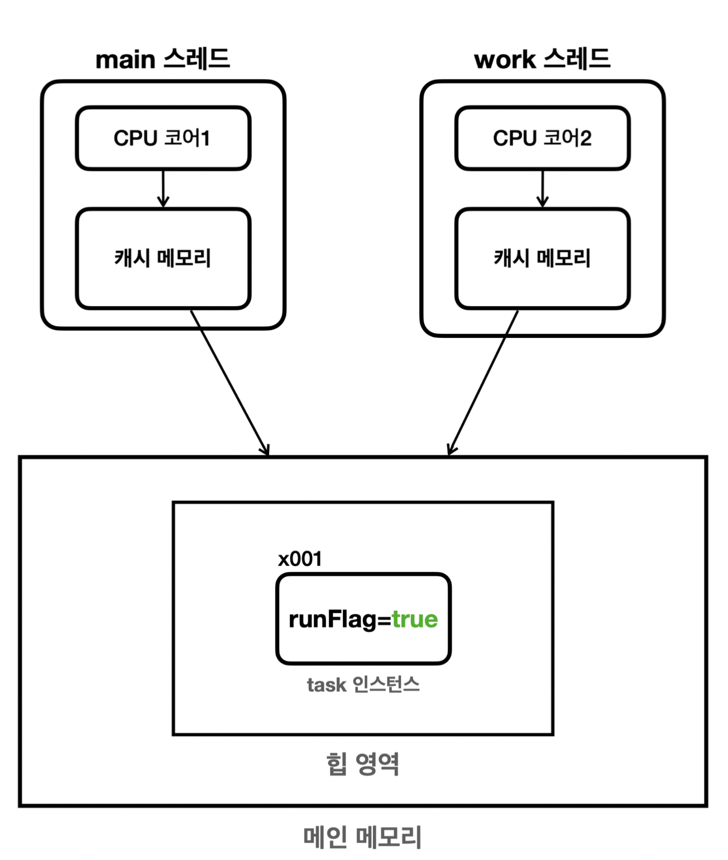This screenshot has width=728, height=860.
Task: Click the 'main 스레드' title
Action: click(x=162, y=59)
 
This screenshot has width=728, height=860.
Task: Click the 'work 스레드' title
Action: click(x=542, y=59)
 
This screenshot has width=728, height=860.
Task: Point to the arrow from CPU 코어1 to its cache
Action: click(x=163, y=189)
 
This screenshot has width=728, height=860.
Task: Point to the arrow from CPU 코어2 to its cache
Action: click(x=543, y=189)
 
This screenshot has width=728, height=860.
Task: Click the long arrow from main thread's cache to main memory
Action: click(x=229, y=383)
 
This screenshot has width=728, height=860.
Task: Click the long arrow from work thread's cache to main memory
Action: click(x=483, y=383)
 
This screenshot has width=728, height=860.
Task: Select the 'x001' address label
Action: click(x=300, y=559)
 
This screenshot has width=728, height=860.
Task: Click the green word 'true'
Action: click(x=415, y=619)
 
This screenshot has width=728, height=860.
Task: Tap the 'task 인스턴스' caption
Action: click(x=363, y=685)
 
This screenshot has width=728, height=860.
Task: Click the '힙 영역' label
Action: click(x=363, y=763)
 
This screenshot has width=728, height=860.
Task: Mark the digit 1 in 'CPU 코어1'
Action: click(x=204, y=138)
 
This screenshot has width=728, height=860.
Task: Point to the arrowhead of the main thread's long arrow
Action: click(x=266, y=451)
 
